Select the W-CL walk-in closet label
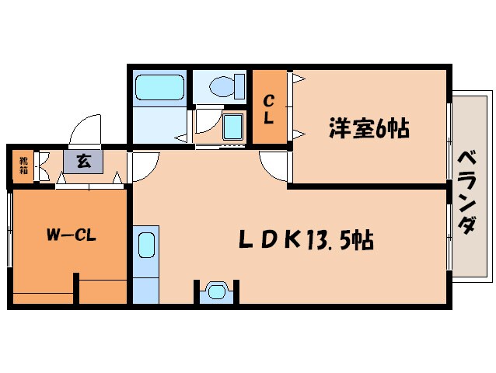pyautogui.click(x=69, y=235)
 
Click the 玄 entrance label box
pyautogui.click(x=82, y=162)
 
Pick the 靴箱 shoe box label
pyautogui.click(x=23, y=166)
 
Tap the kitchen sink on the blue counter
pyautogui.click(x=145, y=247)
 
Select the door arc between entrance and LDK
pyautogui.click(x=144, y=165)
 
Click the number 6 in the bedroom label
pyautogui.click(x=381, y=128)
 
